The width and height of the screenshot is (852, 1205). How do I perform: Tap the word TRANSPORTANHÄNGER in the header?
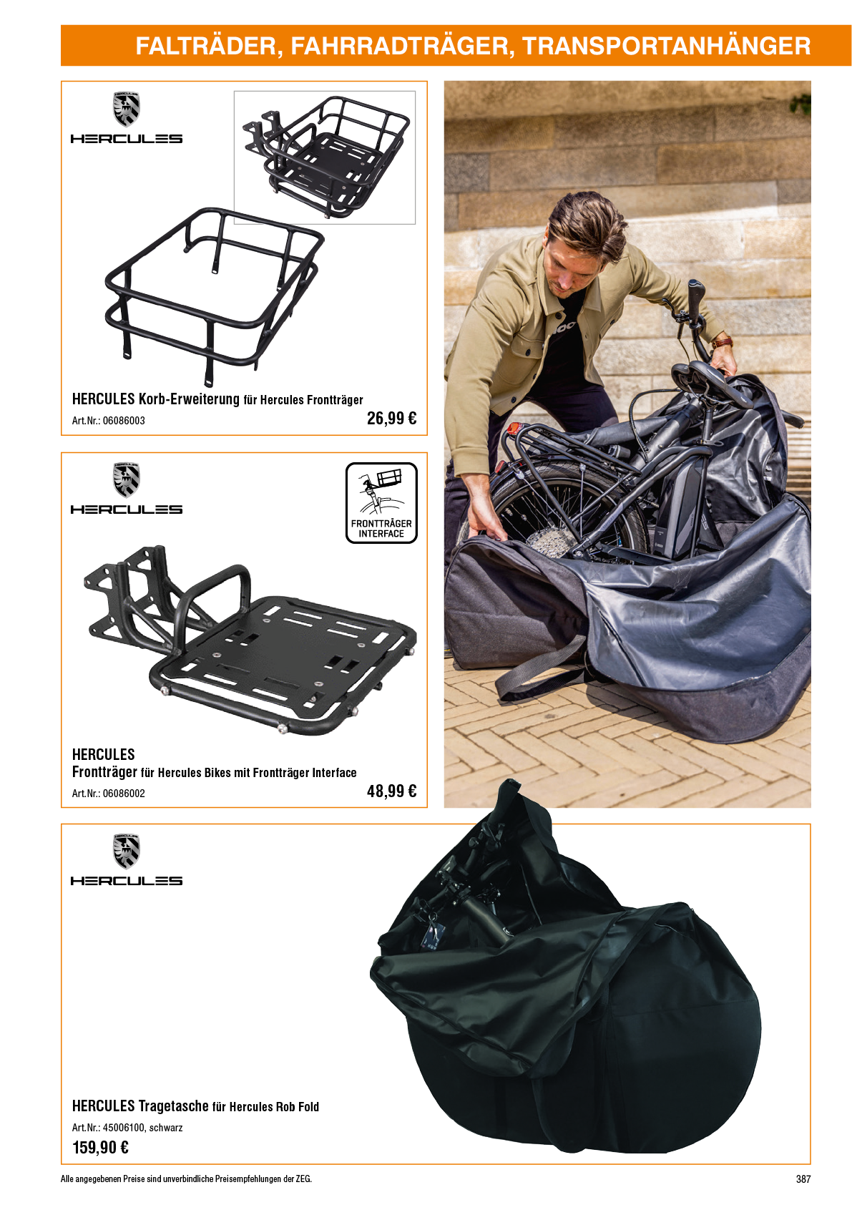click(667, 46)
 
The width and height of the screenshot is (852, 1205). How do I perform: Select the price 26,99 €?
click(391, 418)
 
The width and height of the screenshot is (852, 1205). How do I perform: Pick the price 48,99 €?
click(391, 791)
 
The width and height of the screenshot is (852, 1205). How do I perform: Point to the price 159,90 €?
click(101, 1147)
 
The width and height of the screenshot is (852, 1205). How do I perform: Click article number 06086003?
click(124, 421)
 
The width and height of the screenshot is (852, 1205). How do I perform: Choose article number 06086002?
click(124, 794)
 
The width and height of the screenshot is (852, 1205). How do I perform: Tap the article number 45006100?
click(124, 1128)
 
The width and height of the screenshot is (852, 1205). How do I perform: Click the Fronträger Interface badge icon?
click(381, 502)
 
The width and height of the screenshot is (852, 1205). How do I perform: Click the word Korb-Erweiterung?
click(189, 399)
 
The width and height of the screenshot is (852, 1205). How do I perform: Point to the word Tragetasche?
click(174, 1106)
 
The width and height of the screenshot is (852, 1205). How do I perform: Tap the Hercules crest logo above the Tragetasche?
click(127, 852)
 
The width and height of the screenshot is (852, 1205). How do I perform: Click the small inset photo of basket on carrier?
click(324, 157)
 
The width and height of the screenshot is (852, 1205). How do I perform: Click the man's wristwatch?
click(723, 341)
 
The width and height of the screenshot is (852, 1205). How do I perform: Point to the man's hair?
click(589, 225)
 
